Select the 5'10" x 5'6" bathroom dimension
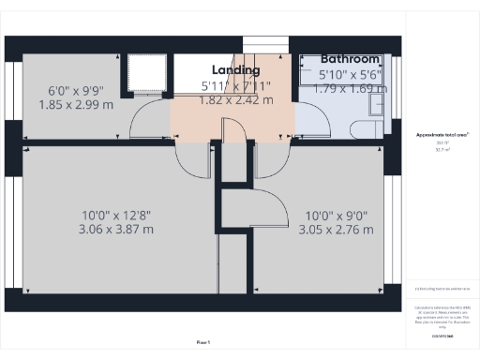[x=348, y=74]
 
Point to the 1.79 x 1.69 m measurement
[x=348, y=89]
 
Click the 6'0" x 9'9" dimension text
[x=76, y=91]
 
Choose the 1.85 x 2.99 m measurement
[x=76, y=105]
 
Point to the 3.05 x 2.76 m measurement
[x=338, y=229]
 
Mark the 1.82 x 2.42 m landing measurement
[x=236, y=100]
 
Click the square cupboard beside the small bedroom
[x=146, y=73]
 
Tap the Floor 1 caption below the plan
[x=203, y=343]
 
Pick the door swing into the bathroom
[x=309, y=117]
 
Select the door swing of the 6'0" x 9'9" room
[x=150, y=120]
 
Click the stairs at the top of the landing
[x=262, y=47]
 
